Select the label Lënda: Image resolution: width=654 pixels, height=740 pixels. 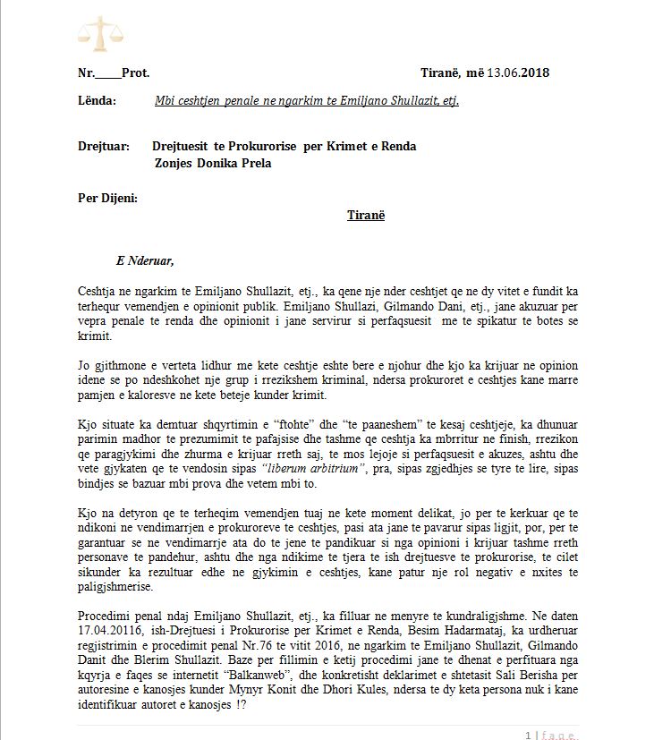point(97,101)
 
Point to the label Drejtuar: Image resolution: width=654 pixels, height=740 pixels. point(104,146)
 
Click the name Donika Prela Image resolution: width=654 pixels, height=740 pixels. point(235,163)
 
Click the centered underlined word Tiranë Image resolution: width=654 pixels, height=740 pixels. point(365,216)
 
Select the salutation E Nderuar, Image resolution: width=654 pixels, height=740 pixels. point(145,261)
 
